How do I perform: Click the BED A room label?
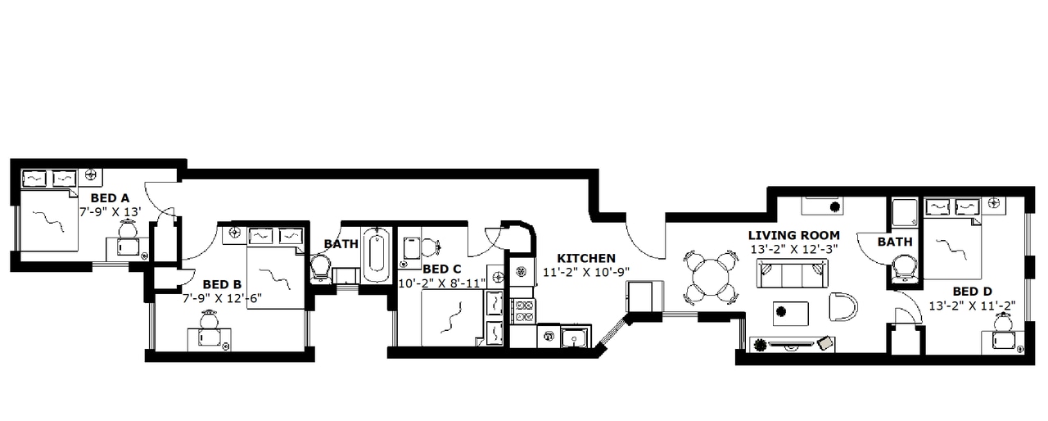coord(110,197)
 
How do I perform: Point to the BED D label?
coord(973,291)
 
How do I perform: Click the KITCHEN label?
coord(586,258)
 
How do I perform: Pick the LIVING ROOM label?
coord(793,235)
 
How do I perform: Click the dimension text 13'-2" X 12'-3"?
coord(793,248)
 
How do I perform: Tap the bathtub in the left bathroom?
coord(377,254)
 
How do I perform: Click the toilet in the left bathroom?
coord(320,266)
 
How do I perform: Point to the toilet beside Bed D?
coord(904,266)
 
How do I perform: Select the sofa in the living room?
coord(792,274)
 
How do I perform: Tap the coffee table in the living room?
coord(791,313)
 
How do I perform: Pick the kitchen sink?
coord(576,337)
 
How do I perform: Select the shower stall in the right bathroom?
coord(906,214)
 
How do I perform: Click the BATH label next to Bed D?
coord(895,242)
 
